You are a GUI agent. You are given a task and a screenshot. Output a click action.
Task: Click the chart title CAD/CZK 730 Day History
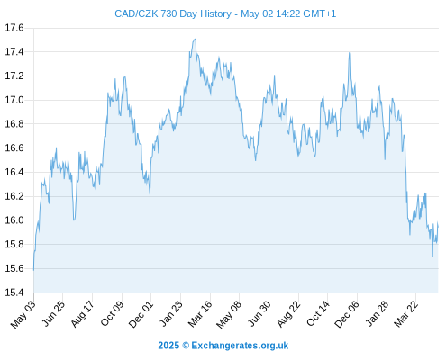tap(173, 13)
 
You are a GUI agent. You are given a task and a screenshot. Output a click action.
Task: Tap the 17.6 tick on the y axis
tap(14, 28)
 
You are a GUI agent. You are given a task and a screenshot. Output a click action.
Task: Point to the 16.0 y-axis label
tap(14, 220)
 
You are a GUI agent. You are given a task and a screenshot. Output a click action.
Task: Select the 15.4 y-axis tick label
tap(14, 292)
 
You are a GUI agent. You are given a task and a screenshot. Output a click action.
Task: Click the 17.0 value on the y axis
tap(14, 100)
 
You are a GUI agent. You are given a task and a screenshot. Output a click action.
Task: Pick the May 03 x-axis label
tap(23, 314)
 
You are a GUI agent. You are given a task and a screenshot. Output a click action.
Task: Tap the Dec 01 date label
tap(141, 314)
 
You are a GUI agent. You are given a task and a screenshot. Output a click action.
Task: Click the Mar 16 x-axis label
tap(200, 314)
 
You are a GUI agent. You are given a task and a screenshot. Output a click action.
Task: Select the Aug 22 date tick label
tap(288, 314)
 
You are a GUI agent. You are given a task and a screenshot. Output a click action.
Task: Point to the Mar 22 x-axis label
tap(405, 314)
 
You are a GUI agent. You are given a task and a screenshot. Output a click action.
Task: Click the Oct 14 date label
tap(317, 314)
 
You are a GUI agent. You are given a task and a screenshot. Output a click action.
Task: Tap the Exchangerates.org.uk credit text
tap(240, 346)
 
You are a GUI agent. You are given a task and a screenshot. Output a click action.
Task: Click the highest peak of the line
tap(196, 39)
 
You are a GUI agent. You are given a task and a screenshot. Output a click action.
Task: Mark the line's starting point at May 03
tap(33, 270)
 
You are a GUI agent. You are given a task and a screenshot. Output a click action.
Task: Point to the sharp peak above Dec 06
tap(350, 53)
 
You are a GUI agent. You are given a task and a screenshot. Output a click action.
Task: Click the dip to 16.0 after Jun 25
tap(74, 220)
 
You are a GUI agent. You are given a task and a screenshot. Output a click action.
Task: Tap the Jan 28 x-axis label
tap(377, 314)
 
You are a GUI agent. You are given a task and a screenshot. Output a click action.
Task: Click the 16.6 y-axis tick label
tap(14, 148)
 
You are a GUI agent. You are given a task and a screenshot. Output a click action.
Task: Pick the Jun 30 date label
tap(259, 314)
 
